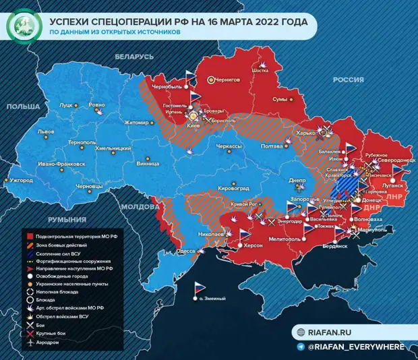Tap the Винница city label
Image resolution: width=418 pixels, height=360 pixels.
point(148,162)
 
